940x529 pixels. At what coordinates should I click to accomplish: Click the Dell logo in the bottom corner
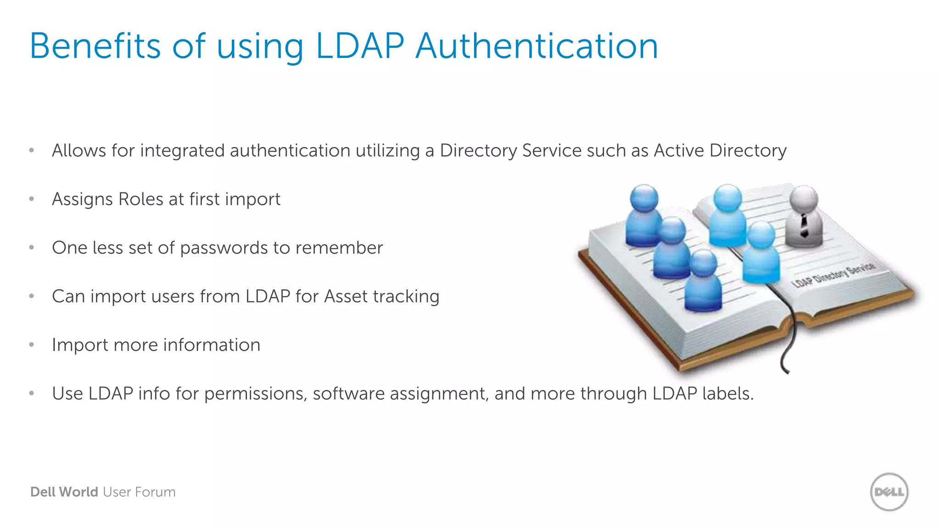(889, 492)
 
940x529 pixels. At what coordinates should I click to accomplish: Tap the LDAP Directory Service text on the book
(833, 274)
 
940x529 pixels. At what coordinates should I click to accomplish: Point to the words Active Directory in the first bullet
(720, 151)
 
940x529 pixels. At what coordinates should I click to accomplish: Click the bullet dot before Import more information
(32, 345)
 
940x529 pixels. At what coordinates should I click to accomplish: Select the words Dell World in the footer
(64, 492)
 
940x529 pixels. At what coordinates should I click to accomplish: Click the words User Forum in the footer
(139, 492)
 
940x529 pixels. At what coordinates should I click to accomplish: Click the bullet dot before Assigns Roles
(32, 199)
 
